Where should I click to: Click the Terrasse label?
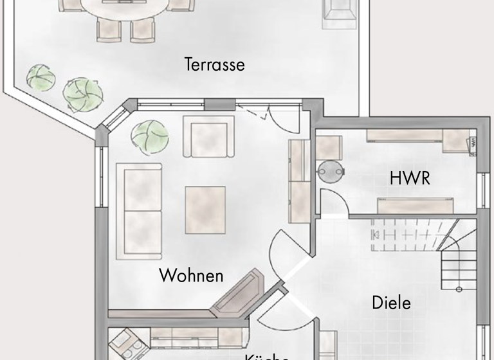pos(214,65)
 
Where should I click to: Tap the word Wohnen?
pos(191,276)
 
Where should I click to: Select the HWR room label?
pos(410,178)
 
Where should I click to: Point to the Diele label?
pos(391,302)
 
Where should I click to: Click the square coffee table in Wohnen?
pos(205,210)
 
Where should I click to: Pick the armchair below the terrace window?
pos(208,136)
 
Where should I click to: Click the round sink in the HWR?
pos(331,170)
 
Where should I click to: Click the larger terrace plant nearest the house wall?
pos(84,94)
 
